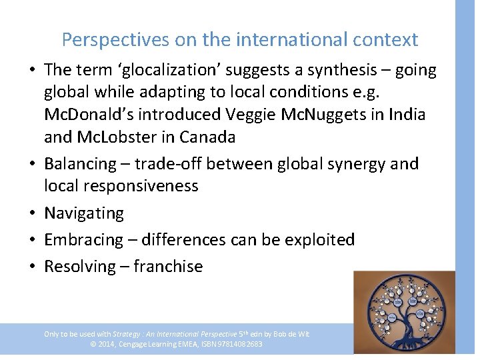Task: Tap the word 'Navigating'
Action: pyautogui.click(x=84, y=213)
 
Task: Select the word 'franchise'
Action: pyautogui.click(x=168, y=266)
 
